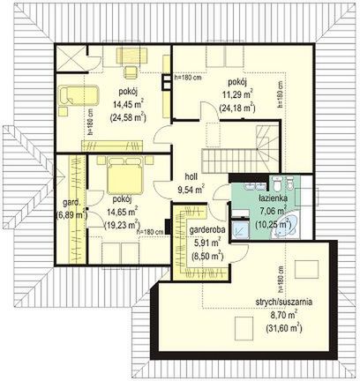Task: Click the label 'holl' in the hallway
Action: (x=191, y=176)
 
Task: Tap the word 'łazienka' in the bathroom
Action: (x=273, y=198)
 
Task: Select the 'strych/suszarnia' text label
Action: (x=284, y=302)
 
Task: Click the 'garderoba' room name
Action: (x=207, y=230)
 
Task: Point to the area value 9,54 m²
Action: (x=191, y=189)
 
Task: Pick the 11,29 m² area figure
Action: (x=236, y=94)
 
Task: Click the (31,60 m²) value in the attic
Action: (x=284, y=327)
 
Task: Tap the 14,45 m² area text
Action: (x=128, y=104)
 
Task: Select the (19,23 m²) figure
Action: (x=122, y=224)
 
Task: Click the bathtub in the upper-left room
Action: (x=79, y=95)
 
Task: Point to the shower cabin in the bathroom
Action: (x=240, y=229)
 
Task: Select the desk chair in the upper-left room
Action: (x=131, y=72)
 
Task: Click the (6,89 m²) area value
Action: (x=71, y=215)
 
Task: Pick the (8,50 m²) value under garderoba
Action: (x=207, y=256)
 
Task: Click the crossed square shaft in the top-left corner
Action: (x=71, y=58)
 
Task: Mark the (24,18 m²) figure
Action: (x=237, y=108)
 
